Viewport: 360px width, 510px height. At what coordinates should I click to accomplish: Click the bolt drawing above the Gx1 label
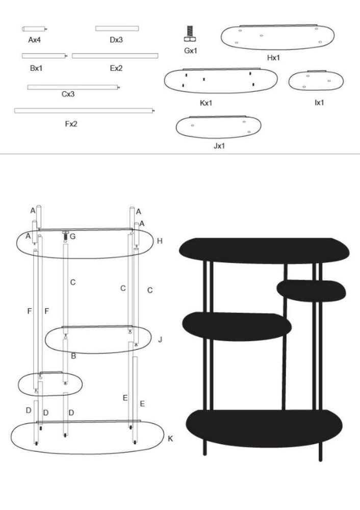190,34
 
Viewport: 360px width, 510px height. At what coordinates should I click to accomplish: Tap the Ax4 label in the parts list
34,40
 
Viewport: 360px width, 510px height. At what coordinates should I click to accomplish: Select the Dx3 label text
116,40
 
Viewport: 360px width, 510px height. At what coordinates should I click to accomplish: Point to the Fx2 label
71,124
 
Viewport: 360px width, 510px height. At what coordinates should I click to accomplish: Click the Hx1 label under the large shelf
273,58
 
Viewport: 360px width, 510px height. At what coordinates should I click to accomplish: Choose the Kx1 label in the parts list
206,103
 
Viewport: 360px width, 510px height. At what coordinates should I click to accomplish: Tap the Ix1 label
319,103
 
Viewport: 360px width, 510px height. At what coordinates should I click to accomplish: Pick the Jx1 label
219,146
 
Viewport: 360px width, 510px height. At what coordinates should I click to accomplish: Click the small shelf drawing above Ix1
316,81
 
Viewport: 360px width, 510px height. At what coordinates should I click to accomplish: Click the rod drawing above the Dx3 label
117,29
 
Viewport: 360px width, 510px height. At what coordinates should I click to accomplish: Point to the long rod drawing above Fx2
85,111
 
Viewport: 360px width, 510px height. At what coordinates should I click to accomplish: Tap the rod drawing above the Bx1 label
44,56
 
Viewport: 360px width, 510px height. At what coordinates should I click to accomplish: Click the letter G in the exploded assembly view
72,237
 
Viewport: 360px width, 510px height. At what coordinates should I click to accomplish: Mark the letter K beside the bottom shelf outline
170,439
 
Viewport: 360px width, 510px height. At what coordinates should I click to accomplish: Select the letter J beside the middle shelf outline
160,340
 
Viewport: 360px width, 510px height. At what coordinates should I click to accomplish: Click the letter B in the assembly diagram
73,356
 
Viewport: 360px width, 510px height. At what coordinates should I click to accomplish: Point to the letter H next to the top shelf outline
160,241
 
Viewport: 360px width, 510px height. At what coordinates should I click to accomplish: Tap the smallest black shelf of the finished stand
311,291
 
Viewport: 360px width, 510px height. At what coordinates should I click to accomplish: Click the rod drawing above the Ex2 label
115,56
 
